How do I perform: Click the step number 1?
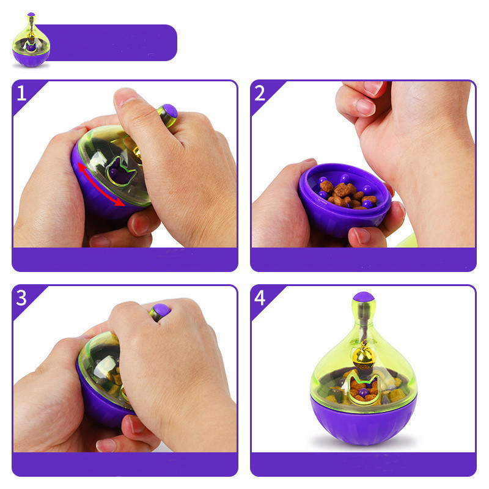pyautogui.click(x=21, y=94)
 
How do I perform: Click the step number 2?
pyautogui.click(x=259, y=93)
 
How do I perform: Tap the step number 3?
pyautogui.click(x=21, y=298)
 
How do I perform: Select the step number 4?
pyautogui.click(x=260, y=298)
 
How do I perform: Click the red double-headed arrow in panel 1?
pyautogui.click(x=100, y=185)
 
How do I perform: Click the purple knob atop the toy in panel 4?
pyautogui.click(x=364, y=297)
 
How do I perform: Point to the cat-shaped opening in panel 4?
pyautogui.click(x=363, y=388)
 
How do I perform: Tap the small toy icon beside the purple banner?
pyautogui.click(x=31, y=40)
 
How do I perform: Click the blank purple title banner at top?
pyautogui.click(x=106, y=43)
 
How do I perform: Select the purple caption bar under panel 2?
pyautogui.click(x=363, y=259)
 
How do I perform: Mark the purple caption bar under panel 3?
pyautogui.click(x=125, y=465)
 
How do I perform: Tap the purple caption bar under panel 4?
pyautogui.click(x=363, y=465)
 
